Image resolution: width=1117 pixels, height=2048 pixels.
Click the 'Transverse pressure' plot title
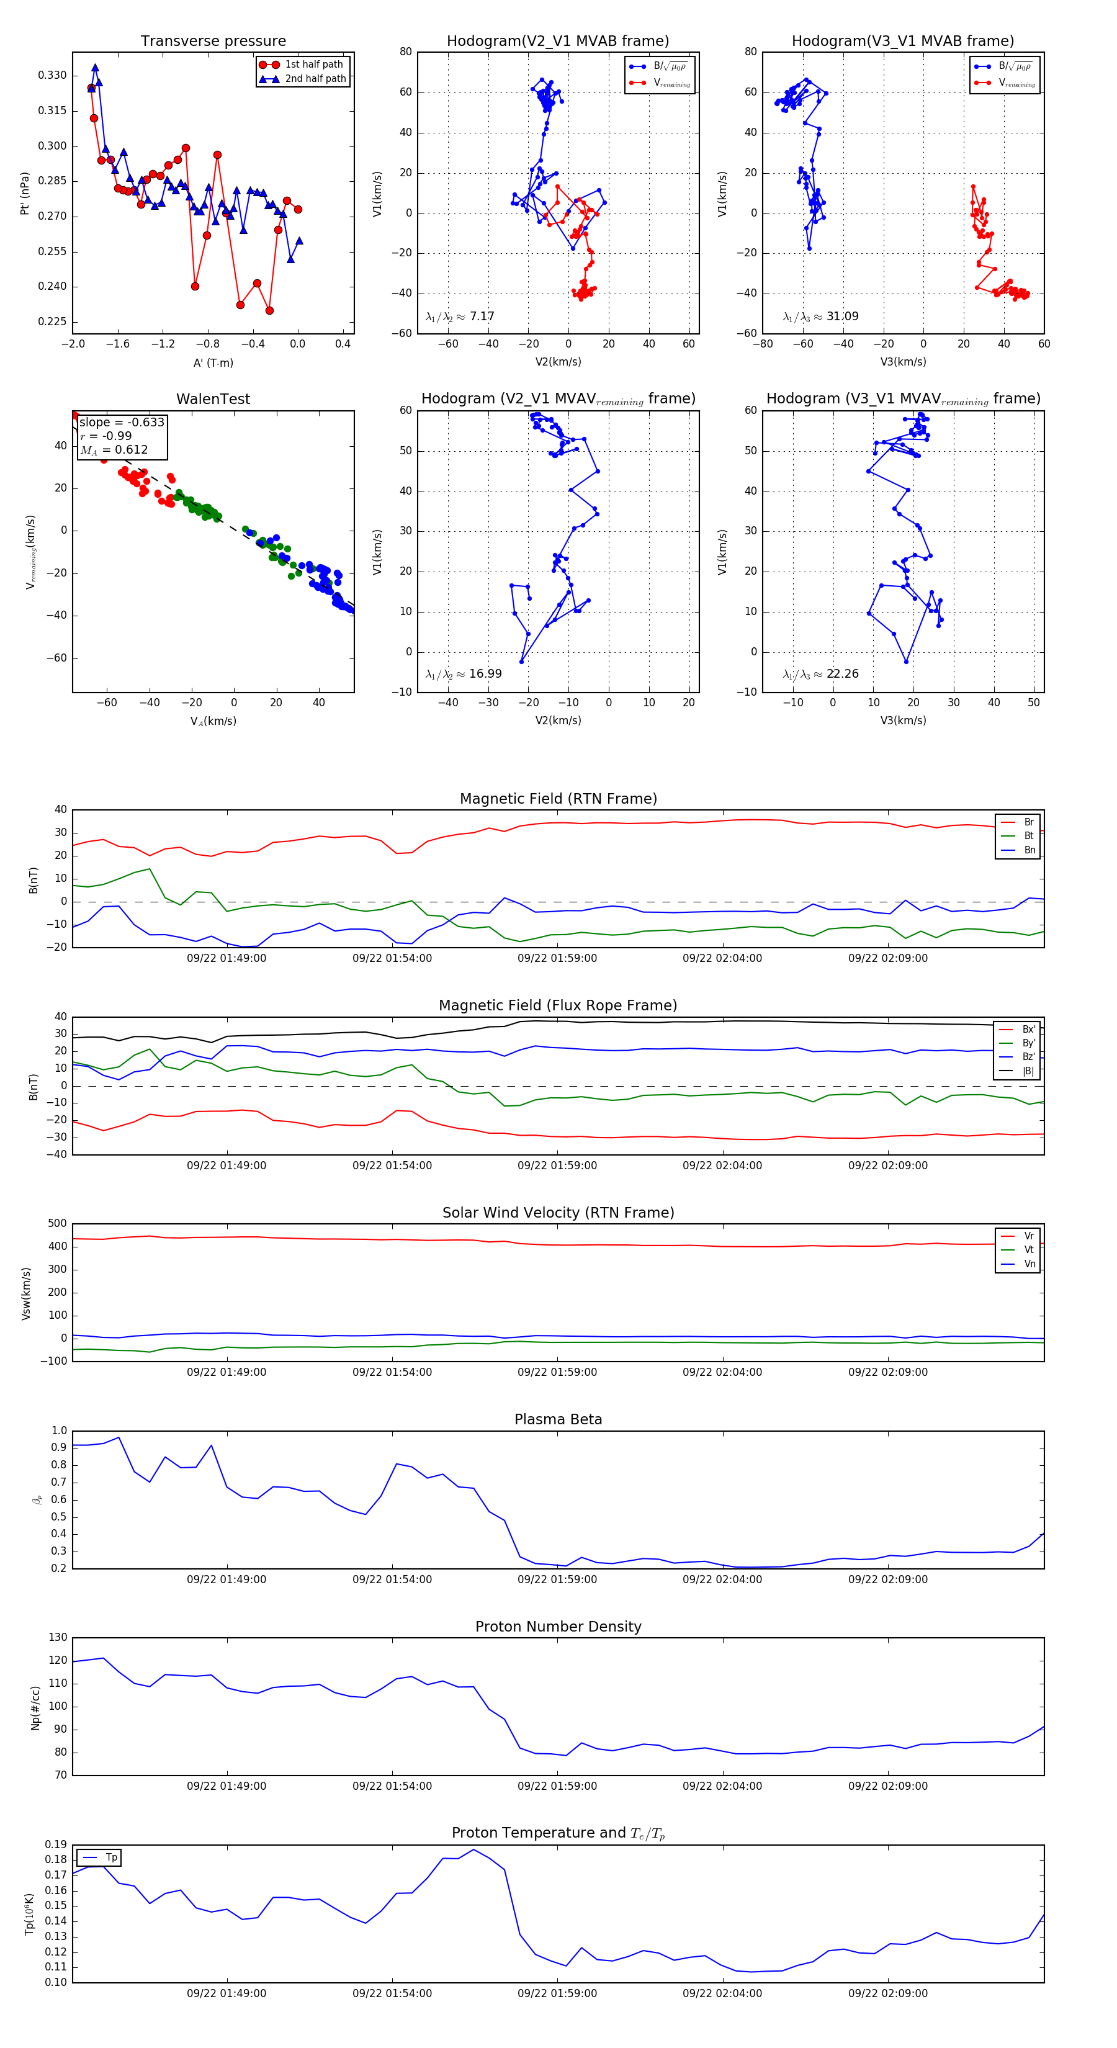(x=213, y=42)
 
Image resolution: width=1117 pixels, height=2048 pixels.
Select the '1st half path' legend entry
(x=313, y=65)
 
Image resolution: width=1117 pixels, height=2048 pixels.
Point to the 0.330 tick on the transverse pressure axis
(x=53, y=76)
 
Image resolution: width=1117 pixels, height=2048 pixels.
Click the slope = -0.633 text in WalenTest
(x=122, y=422)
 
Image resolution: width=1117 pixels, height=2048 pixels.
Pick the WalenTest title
(x=213, y=399)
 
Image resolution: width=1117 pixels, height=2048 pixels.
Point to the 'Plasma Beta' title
(x=558, y=1420)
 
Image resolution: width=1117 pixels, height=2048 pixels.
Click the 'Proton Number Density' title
(x=558, y=1627)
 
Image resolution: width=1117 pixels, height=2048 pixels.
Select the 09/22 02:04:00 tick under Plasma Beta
(x=722, y=1579)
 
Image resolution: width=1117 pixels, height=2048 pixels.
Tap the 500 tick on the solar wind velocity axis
(x=57, y=1224)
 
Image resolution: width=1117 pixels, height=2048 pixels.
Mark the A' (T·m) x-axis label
(x=213, y=363)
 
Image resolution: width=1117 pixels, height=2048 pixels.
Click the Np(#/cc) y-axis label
(x=35, y=1708)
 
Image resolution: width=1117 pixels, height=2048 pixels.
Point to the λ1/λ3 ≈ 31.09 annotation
(x=820, y=317)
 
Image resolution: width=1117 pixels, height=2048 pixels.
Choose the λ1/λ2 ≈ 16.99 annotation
(x=464, y=674)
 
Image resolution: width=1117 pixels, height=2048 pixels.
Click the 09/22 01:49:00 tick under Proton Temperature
(x=227, y=1993)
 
